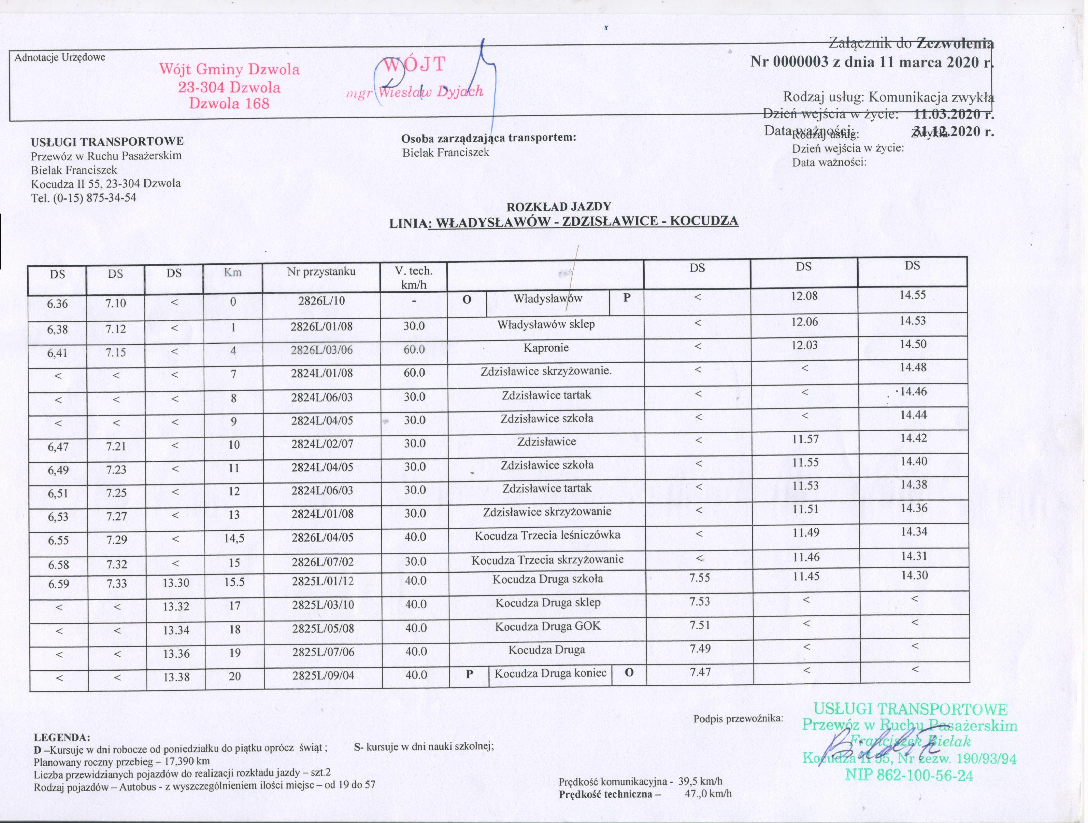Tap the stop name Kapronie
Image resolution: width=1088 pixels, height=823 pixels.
click(546, 348)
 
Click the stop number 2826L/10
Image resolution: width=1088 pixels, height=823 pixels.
click(321, 300)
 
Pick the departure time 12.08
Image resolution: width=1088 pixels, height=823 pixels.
click(804, 297)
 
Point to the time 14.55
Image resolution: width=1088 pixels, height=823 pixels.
click(913, 295)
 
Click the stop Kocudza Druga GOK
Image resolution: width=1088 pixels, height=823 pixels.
click(548, 626)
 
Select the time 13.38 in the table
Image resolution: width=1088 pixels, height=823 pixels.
click(176, 677)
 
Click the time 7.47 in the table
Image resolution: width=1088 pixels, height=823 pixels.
click(700, 672)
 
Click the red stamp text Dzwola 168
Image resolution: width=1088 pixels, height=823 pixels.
click(230, 103)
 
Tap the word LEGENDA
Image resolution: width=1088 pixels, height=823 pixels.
click(62, 737)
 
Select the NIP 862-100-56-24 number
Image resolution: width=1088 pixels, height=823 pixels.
click(909, 776)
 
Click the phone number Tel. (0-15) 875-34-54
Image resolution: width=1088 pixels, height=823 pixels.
click(84, 198)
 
